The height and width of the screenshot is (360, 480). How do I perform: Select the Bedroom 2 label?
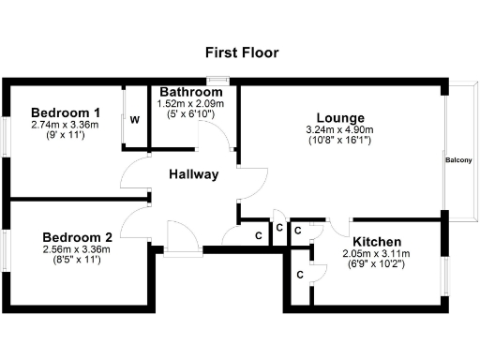pyautogui.click(x=78, y=237)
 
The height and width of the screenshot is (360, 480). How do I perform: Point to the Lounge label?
pyautogui.click(x=339, y=117)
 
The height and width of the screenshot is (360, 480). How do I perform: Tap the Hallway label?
pyautogui.click(x=194, y=174)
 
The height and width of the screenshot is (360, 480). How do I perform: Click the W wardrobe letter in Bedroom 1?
pyautogui.click(x=135, y=119)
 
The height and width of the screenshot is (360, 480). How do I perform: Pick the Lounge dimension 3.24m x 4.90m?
pyautogui.click(x=339, y=129)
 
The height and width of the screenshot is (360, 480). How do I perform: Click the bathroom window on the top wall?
pyautogui.click(x=218, y=80)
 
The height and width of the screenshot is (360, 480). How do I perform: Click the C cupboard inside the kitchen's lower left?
pyautogui.click(x=299, y=275)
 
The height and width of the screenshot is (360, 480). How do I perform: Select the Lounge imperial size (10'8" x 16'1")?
pyautogui.click(x=339, y=141)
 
